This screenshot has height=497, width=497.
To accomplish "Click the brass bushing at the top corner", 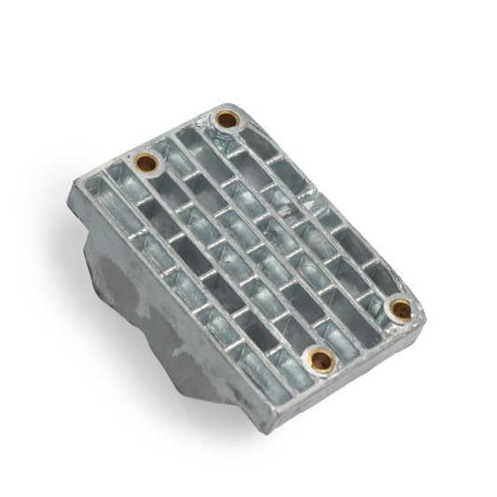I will (x=227, y=119).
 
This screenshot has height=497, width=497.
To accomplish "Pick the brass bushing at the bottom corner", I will (x=321, y=357).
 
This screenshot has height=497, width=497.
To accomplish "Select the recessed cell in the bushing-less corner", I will (x=96, y=198).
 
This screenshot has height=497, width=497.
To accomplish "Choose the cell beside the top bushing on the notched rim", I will (x=252, y=140).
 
